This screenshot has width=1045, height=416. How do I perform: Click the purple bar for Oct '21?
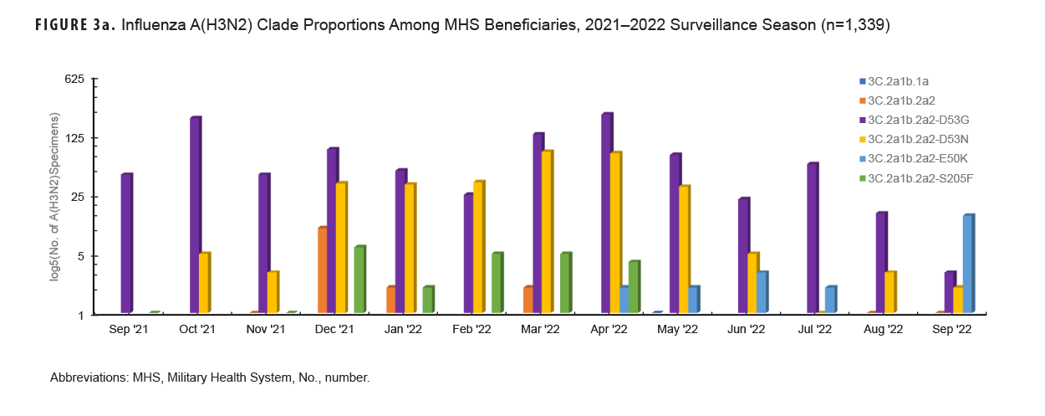coord(196,215)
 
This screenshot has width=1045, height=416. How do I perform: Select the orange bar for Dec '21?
coord(322,270)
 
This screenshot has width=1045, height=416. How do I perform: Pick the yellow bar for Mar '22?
coord(547,232)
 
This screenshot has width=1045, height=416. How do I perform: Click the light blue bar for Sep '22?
coord(968,264)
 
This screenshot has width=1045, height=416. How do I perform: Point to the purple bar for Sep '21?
coord(126,244)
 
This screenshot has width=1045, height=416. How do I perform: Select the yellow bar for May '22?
coord(684,249)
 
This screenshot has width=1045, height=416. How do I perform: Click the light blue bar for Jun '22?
coord(762,292)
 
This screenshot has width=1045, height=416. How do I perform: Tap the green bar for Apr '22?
coord(634,287)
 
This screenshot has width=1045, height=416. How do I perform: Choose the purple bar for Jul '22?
coord(812,239)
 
